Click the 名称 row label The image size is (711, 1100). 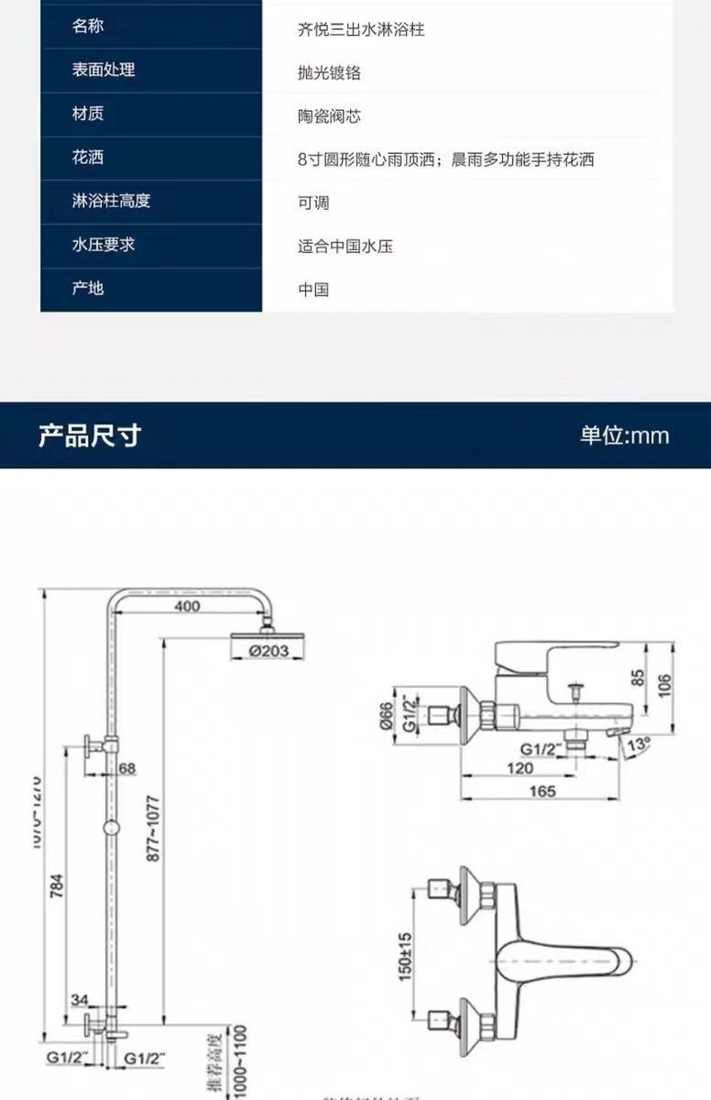tap(88, 26)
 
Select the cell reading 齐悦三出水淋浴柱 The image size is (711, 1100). tap(361, 29)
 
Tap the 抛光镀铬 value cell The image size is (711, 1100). tap(329, 73)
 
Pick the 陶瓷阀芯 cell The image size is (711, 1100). tap(329, 116)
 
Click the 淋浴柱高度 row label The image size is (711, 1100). tap(111, 201)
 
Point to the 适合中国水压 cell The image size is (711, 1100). tap(345, 246)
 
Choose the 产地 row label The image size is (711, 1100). tap(88, 288)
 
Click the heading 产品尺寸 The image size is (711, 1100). tap(90, 435)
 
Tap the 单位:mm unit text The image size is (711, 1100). tap(624, 435)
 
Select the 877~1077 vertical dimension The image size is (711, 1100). tap(153, 828)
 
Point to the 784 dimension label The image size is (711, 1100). tap(57, 888)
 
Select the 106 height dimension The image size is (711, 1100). tap(665, 685)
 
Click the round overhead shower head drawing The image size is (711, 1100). tap(266, 634)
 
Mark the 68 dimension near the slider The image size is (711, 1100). tap(126, 767)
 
